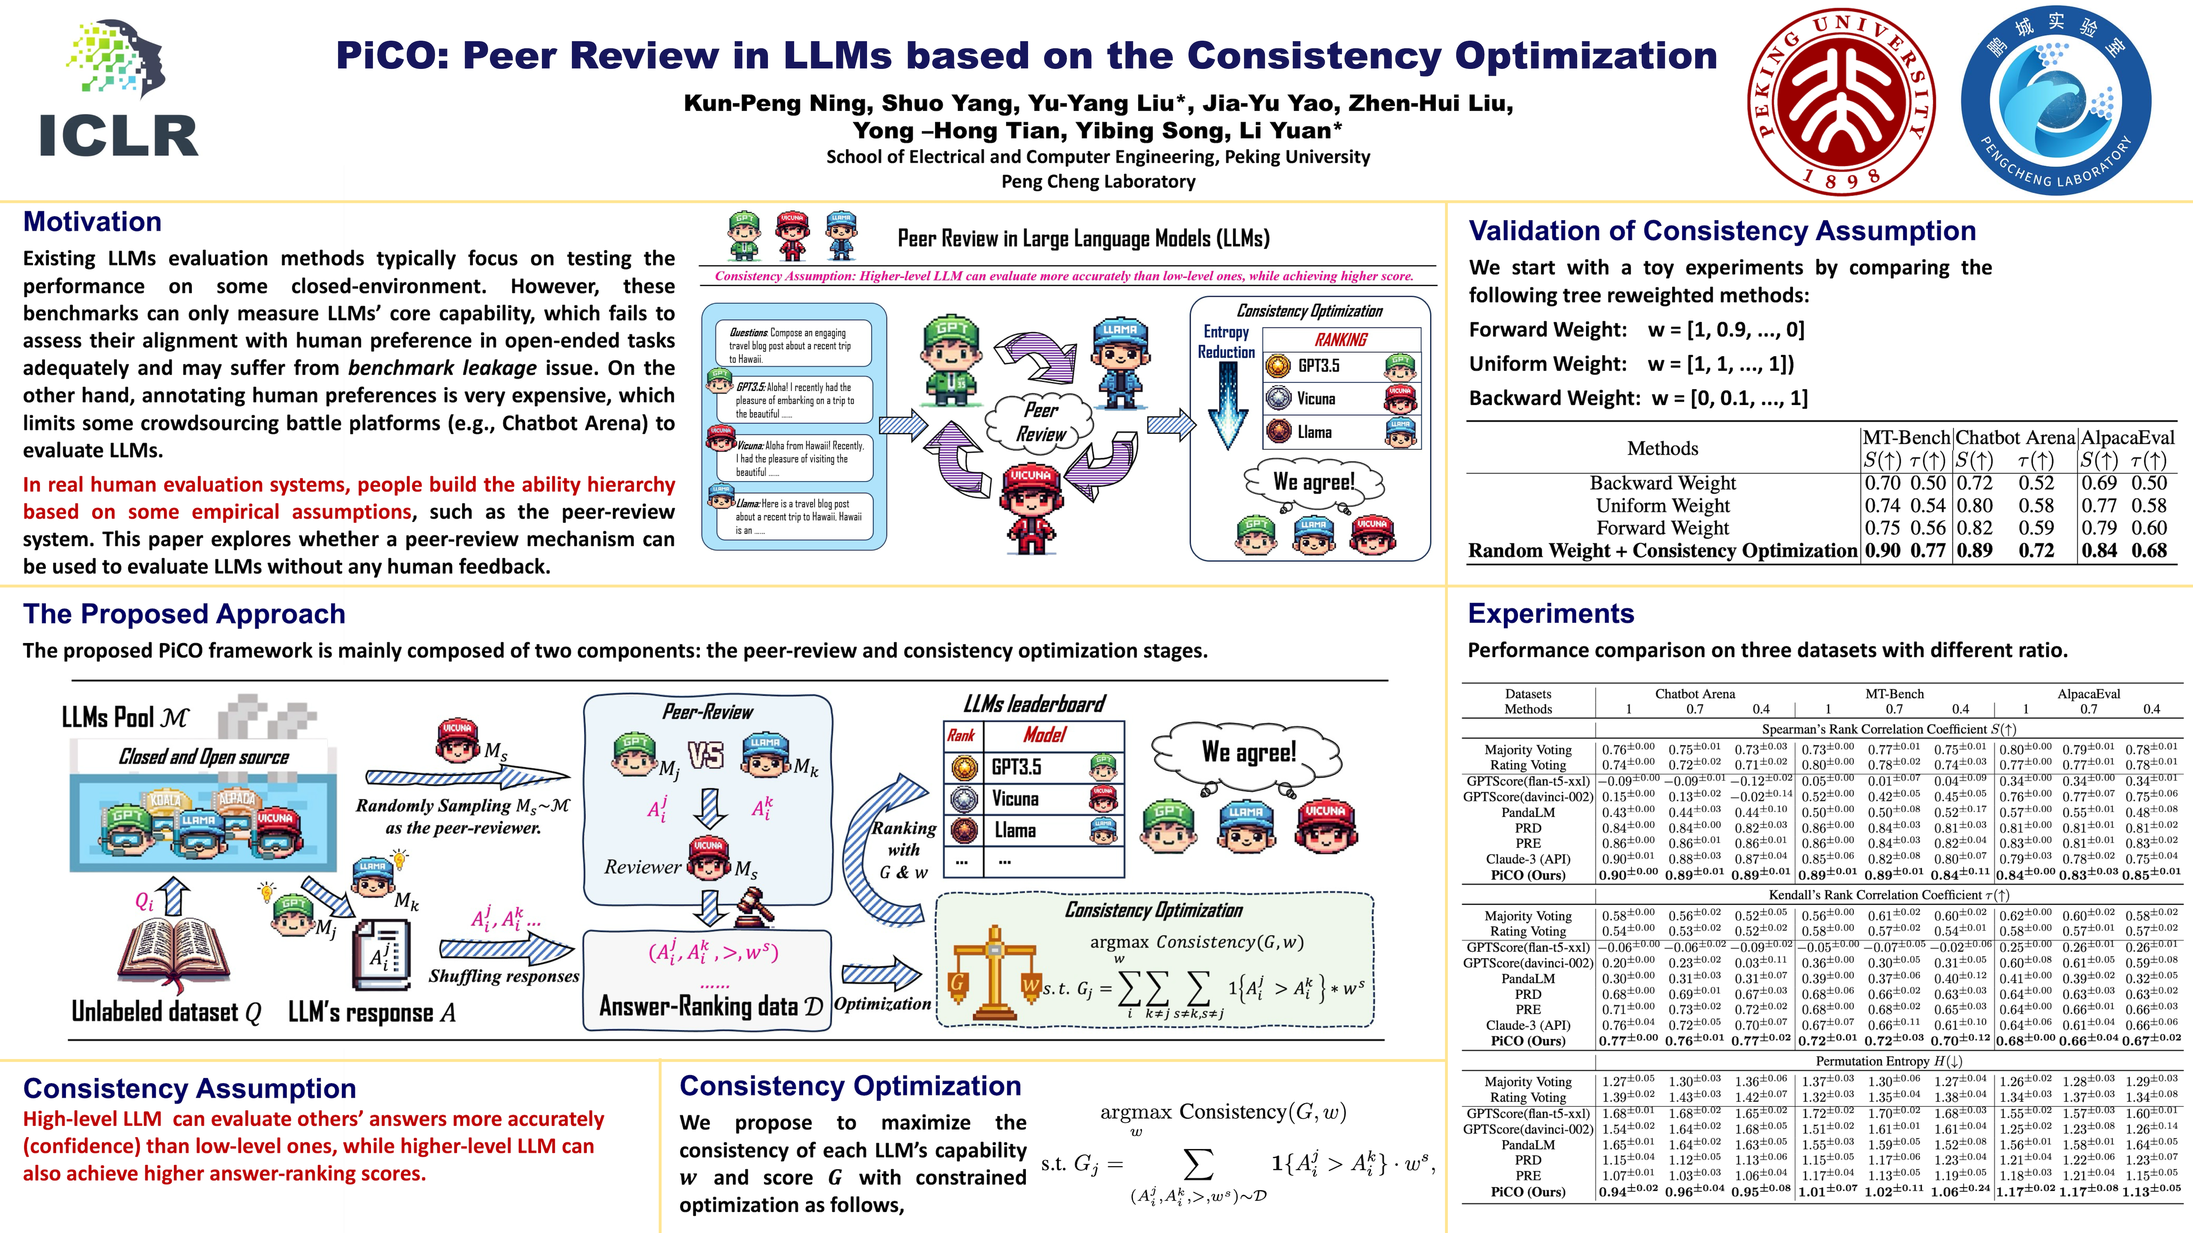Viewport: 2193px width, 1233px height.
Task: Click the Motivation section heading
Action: point(92,222)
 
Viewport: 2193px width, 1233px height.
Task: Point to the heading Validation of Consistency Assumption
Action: point(1721,232)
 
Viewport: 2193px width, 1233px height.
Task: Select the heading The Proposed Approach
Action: point(184,614)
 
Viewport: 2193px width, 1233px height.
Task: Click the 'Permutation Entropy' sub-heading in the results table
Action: point(1888,1061)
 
